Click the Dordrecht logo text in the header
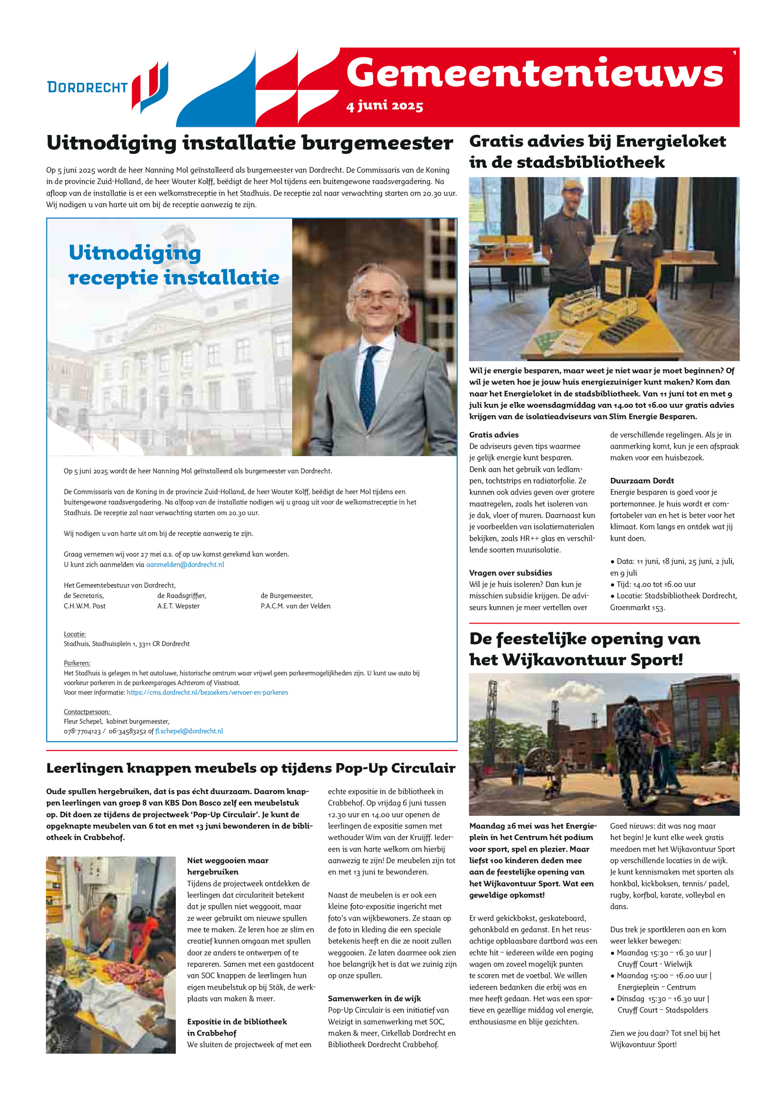point(87,87)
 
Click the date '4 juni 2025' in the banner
point(385,106)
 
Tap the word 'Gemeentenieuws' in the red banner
point(534,73)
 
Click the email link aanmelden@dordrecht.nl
point(185,565)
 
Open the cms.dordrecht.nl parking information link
point(207,692)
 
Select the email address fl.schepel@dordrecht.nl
point(189,731)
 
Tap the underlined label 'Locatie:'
point(75,634)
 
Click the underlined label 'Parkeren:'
point(77,663)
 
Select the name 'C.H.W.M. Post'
point(85,606)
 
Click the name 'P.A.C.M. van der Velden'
point(295,606)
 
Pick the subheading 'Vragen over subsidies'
point(510,573)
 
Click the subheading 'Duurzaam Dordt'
point(642,481)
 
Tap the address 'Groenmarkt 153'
point(637,608)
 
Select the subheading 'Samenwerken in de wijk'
point(374,998)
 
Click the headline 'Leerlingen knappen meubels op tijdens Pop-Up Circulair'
point(250,768)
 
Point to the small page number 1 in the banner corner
point(734,53)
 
